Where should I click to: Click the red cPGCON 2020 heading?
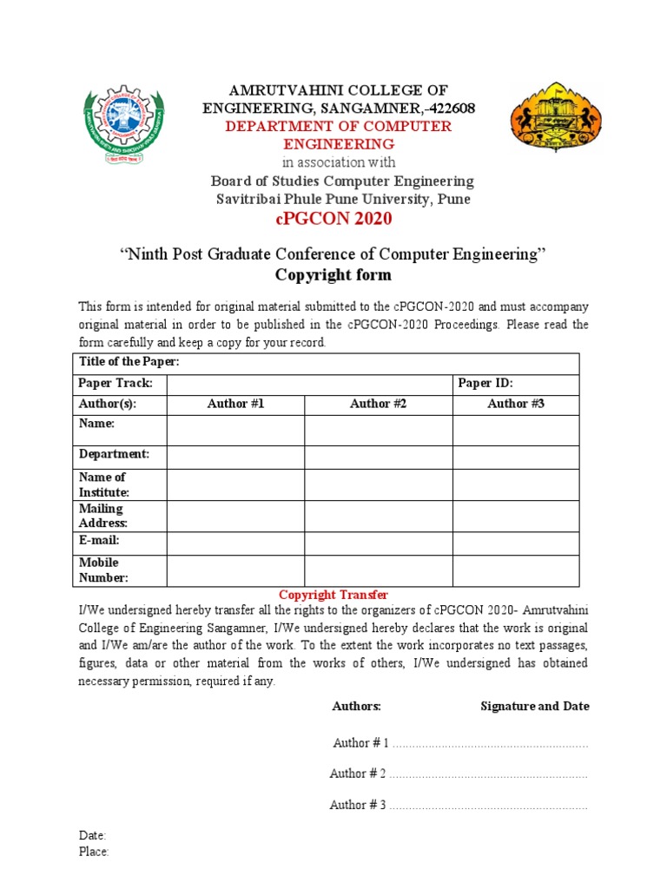[x=333, y=219]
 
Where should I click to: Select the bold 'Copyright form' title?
[x=333, y=275]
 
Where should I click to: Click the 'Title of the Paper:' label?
[x=129, y=363]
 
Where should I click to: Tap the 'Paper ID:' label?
[x=492, y=384]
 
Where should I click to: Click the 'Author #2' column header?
[x=378, y=404]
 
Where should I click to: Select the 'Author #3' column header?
[x=516, y=404]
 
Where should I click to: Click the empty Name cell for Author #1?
[x=235, y=430]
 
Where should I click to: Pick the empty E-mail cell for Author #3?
[x=516, y=543]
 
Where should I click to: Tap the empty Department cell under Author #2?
[x=378, y=457]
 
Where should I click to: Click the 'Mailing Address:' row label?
[x=103, y=516]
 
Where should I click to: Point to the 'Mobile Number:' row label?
[x=104, y=570]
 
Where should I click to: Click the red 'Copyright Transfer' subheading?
[x=333, y=595]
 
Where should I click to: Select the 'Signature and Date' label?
[x=535, y=706]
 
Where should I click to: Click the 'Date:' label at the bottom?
[x=92, y=835]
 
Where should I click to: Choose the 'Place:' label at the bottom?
[x=94, y=852]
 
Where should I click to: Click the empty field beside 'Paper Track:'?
[x=309, y=384]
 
